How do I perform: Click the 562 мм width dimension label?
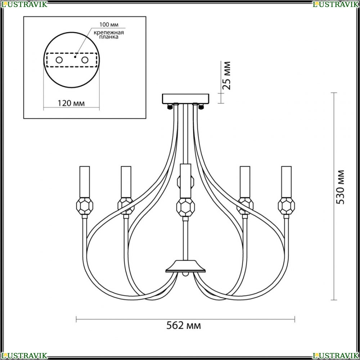[x=184, y=325]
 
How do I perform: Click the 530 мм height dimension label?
[x=340, y=187]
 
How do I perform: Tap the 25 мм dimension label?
[x=226, y=76]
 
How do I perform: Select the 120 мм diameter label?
[x=71, y=103]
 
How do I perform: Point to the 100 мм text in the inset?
[x=109, y=24]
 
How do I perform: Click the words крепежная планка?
[x=109, y=35]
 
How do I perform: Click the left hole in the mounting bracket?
[x=59, y=60]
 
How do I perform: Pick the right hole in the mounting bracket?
[x=85, y=60]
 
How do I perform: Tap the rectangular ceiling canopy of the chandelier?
[x=185, y=99]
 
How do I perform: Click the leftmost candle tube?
[x=85, y=181]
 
